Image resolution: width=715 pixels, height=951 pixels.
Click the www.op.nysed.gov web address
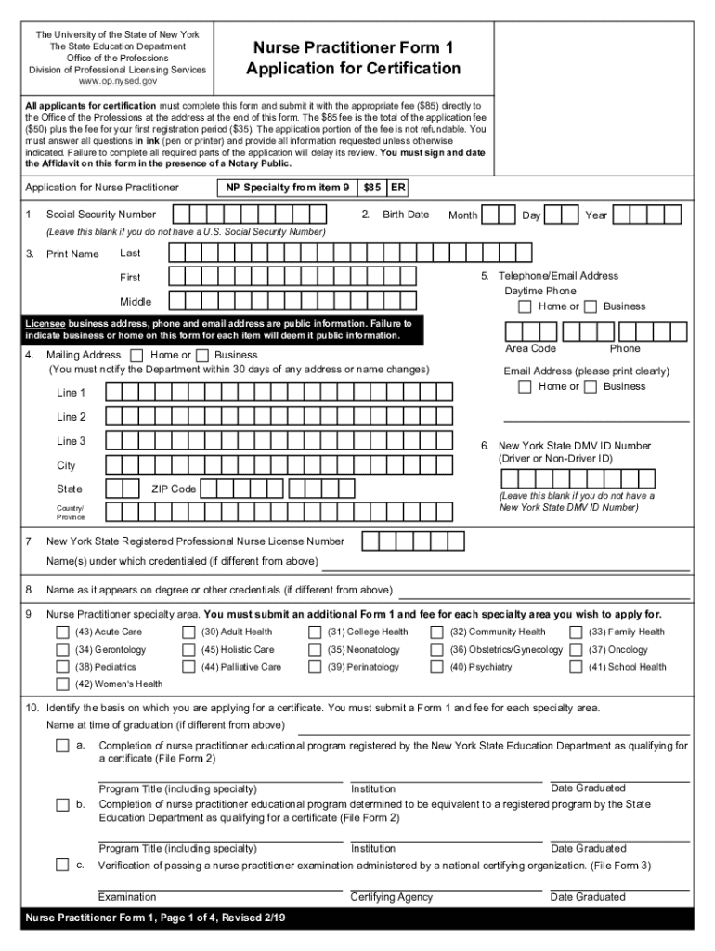(117, 82)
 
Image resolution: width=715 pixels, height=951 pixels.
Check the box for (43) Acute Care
(63, 632)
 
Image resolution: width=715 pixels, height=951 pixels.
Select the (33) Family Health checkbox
(576, 632)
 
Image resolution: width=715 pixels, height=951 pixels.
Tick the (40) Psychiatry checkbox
(436, 667)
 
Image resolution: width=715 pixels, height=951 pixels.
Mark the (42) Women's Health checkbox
(63, 684)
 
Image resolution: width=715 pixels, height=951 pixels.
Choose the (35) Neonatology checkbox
(315, 650)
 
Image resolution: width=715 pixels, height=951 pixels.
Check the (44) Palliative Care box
(189, 667)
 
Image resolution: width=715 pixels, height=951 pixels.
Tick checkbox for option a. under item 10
(62, 746)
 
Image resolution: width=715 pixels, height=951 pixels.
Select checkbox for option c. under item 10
(62, 866)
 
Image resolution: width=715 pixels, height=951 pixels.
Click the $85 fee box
(372, 188)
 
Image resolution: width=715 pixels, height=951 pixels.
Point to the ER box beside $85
(397, 188)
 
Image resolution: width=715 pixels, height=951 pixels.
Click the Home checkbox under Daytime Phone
(526, 306)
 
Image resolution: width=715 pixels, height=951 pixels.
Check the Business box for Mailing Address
(201, 355)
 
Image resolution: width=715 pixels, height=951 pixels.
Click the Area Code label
(530, 348)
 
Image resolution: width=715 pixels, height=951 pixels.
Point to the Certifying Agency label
(391, 897)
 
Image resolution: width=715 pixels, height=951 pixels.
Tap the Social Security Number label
(101, 215)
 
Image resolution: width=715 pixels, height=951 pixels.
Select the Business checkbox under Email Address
(591, 387)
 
